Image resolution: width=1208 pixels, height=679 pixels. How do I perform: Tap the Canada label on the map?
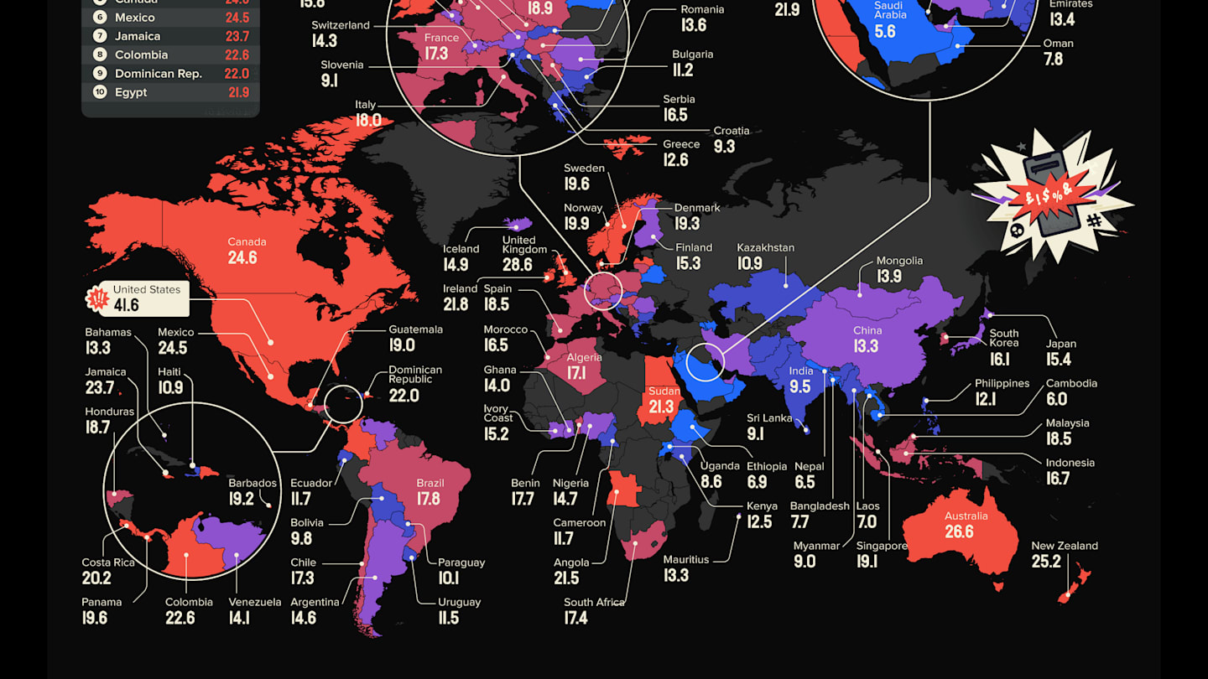click(242, 242)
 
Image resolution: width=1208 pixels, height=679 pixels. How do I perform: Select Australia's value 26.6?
click(959, 531)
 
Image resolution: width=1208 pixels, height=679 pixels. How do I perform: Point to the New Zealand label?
click(1064, 546)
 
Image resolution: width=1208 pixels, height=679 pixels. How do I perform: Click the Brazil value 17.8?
click(428, 499)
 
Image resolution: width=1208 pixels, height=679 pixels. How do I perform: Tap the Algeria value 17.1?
click(576, 373)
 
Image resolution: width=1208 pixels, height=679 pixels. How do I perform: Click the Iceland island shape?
click(517, 224)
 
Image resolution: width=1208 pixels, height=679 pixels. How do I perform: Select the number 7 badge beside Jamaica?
click(100, 36)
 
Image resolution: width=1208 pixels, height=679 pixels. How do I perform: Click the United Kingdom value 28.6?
click(517, 265)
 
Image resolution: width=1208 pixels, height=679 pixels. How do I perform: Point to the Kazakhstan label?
click(765, 247)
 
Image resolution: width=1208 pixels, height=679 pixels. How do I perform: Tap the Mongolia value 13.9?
click(889, 277)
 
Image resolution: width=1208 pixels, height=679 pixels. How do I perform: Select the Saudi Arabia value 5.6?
click(885, 32)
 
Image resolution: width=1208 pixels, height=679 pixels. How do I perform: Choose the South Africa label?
click(594, 602)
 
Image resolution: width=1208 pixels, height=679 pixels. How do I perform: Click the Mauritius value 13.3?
click(675, 575)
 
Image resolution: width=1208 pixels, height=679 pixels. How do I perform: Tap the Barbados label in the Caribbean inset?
click(253, 483)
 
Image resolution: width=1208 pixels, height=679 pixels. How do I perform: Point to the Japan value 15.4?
click(1059, 360)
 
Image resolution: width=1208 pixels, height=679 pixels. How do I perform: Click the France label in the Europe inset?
click(441, 38)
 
